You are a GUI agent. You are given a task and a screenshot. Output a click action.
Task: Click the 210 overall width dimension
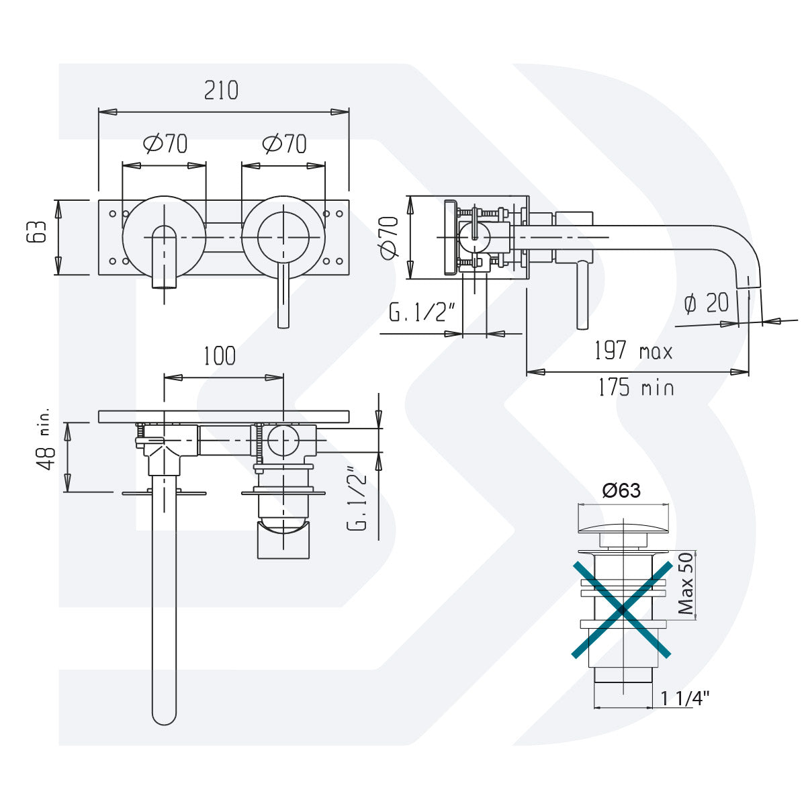pyautogui.click(x=221, y=90)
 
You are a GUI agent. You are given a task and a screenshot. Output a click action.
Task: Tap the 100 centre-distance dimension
pyautogui.click(x=220, y=356)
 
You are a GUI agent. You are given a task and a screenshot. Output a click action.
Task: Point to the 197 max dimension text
pyautogui.click(x=633, y=351)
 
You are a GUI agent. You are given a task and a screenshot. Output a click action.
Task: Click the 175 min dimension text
pyautogui.click(x=635, y=388)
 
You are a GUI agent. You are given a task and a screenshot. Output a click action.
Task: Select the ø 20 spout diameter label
pyautogui.click(x=706, y=304)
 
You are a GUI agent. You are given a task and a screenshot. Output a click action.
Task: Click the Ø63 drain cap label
pyautogui.click(x=621, y=491)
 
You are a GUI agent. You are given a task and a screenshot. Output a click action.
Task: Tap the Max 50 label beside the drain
pyautogui.click(x=685, y=584)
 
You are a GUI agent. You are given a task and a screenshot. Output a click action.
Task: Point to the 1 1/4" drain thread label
pyautogui.click(x=685, y=699)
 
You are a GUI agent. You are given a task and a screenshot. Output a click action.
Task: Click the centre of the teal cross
pyautogui.click(x=622, y=610)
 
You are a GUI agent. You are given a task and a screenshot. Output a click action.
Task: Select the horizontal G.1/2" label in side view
pyautogui.click(x=422, y=313)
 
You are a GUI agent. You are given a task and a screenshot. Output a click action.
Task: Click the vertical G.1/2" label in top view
pyautogui.click(x=360, y=498)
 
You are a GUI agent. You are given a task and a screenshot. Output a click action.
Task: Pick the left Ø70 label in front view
pyautogui.click(x=165, y=144)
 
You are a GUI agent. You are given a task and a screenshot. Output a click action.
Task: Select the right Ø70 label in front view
pyautogui.click(x=284, y=144)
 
